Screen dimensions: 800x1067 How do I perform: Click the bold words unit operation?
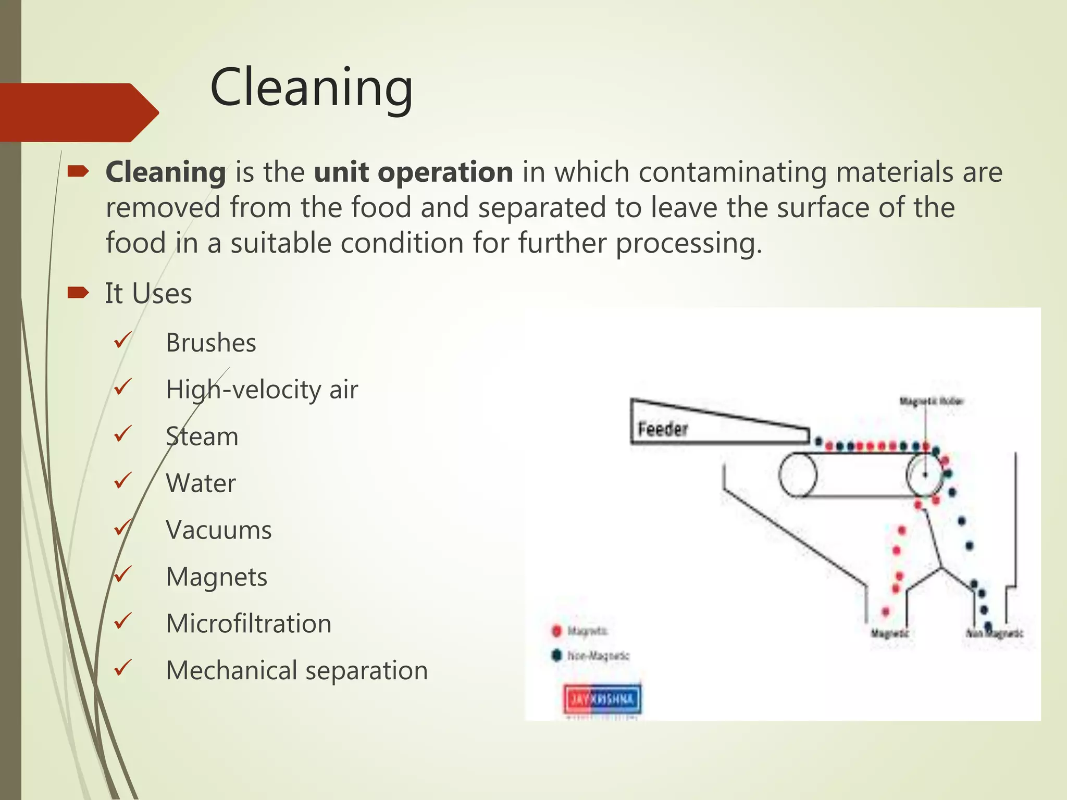(414, 172)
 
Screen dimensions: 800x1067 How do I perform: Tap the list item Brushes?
(211, 343)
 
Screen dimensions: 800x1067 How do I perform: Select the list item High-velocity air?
(262, 390)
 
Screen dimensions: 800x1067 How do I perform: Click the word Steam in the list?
(202, 436)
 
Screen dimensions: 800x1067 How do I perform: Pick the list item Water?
(201, 483)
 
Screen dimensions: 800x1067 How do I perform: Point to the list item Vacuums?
(219, 530)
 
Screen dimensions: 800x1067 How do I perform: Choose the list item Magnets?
(217, 577)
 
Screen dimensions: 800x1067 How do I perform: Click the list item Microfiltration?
(249, 624)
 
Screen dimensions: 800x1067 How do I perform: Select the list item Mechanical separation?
(296, 671)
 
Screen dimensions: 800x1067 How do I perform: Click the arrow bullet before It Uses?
(78, 293)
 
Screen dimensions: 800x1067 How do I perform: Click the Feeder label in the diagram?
(663, 430)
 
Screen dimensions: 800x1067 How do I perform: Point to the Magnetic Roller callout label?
(931, 401)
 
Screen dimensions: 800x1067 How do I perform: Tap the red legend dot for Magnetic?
(556, 631)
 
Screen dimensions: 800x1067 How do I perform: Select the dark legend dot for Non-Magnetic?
(556, 655)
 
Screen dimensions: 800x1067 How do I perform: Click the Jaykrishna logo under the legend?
(602, 699)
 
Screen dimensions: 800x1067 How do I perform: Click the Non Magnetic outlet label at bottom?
(994, 633)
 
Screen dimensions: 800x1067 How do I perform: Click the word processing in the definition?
(689, 244)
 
